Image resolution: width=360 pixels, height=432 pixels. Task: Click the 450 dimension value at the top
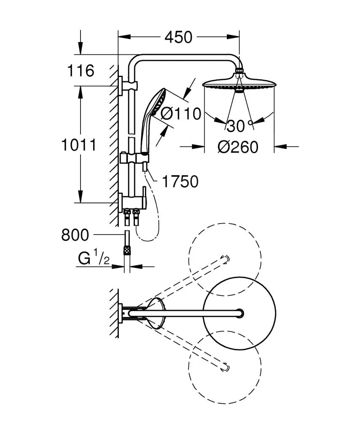178,37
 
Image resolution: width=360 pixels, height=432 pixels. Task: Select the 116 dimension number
81,71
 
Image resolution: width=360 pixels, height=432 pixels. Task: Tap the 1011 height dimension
78,145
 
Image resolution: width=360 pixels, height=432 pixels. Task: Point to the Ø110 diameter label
181,113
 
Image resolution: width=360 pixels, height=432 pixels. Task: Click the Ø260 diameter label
238,147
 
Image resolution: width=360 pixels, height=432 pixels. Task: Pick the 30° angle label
238,125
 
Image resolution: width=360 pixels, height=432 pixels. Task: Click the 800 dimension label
75,235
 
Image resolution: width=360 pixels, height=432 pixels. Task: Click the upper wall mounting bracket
121,86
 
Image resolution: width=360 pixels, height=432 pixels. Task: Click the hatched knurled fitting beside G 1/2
126,251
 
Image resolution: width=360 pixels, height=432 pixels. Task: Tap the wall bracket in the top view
122,313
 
